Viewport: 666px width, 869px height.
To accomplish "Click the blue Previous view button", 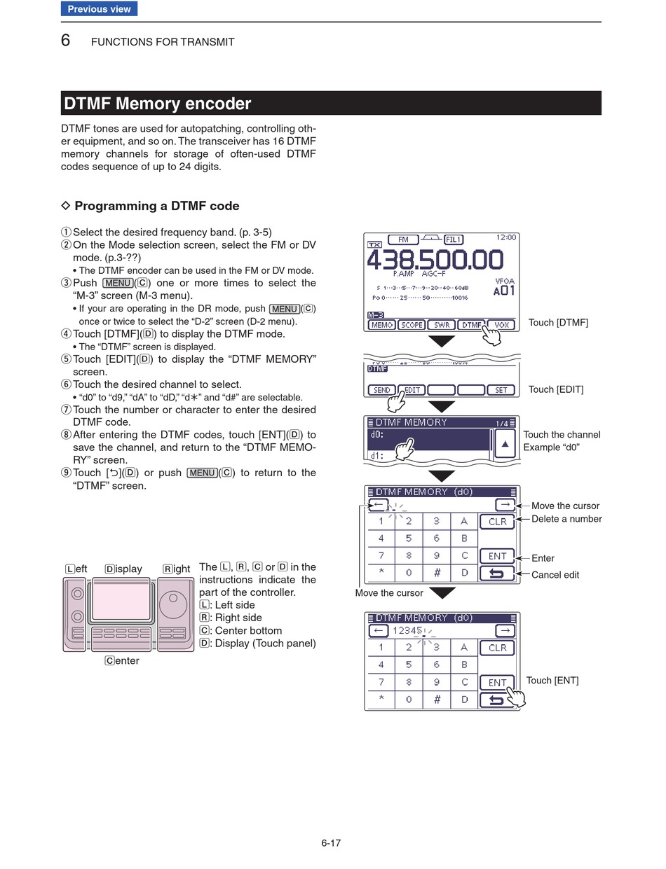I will click(99, 9).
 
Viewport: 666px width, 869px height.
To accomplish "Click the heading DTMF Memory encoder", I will click(158, 104).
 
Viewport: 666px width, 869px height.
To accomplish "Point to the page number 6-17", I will click(331, 843).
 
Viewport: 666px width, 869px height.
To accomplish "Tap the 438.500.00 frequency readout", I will click(435, 260).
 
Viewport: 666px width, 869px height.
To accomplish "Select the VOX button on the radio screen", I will click(501, 325).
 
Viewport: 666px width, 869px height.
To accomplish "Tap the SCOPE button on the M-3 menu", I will click(412, 325).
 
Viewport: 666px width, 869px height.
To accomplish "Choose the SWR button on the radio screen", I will click(442, 325).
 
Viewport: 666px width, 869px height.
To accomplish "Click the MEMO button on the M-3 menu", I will click(382, 325).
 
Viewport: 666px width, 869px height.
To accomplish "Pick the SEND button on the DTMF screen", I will click(382, 390).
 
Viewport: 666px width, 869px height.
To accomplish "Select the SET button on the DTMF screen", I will click(501, 390).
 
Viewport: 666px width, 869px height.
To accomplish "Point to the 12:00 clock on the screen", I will click(505, 237).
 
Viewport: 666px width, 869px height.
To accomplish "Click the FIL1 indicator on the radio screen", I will click(454, 239).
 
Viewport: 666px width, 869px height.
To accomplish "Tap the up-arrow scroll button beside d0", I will click(505, 443).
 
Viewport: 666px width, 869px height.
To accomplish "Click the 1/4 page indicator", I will click(502, 423).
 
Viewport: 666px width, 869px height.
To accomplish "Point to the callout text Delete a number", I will click(566, 519).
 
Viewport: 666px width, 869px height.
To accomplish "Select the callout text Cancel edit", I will click(555, 575).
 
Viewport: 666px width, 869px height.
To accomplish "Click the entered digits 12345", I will click(407, 630).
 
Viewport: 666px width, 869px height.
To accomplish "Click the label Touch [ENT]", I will click(552, 681).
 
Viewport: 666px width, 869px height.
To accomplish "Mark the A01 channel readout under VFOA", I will click(504, 291).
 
